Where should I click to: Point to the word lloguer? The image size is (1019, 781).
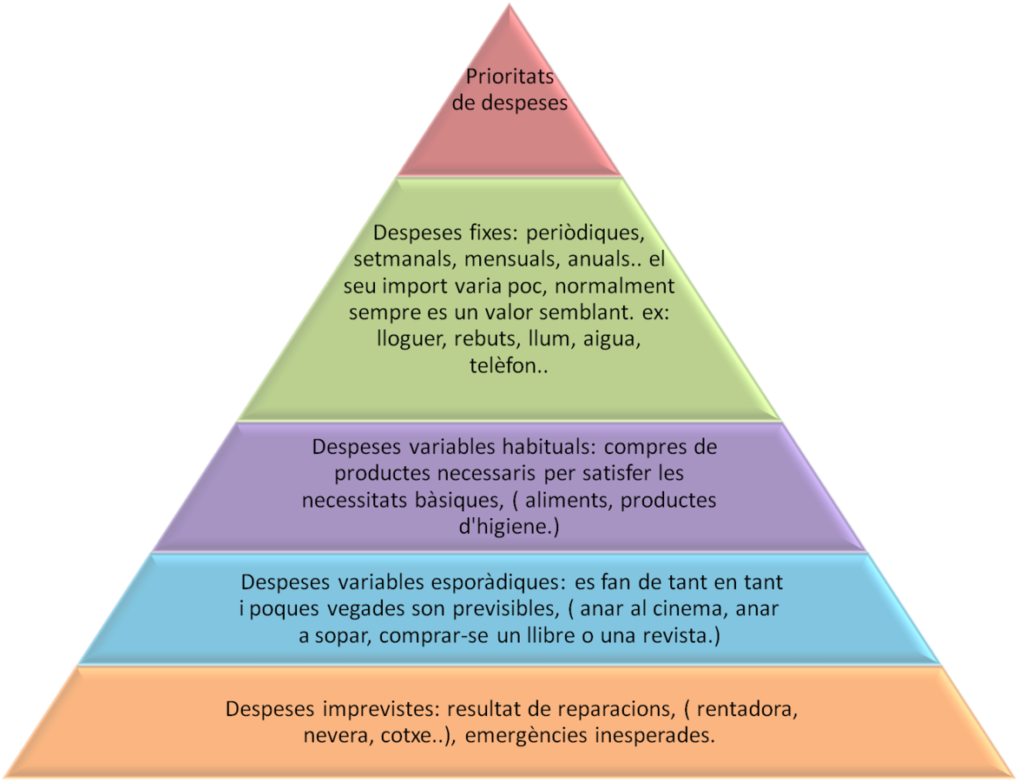411,338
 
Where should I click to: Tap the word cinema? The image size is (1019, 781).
679,608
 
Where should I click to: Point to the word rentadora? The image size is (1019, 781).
746,708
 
